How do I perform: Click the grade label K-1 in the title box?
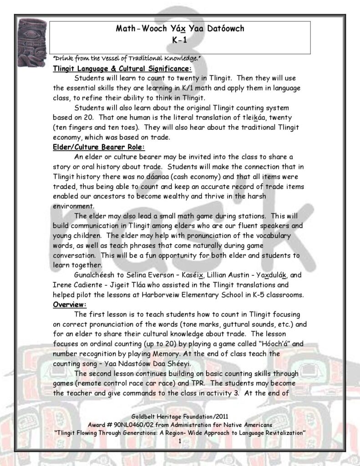[x=180, y=39]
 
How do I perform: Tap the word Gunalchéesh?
[x=95, y=275]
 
